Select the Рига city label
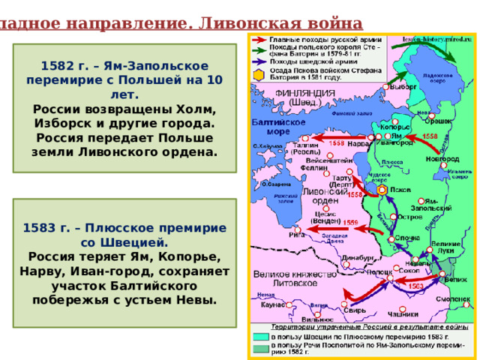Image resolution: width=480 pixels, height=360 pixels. pos(297,234)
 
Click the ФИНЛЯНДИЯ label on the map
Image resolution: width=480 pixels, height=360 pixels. pos(299,95)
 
